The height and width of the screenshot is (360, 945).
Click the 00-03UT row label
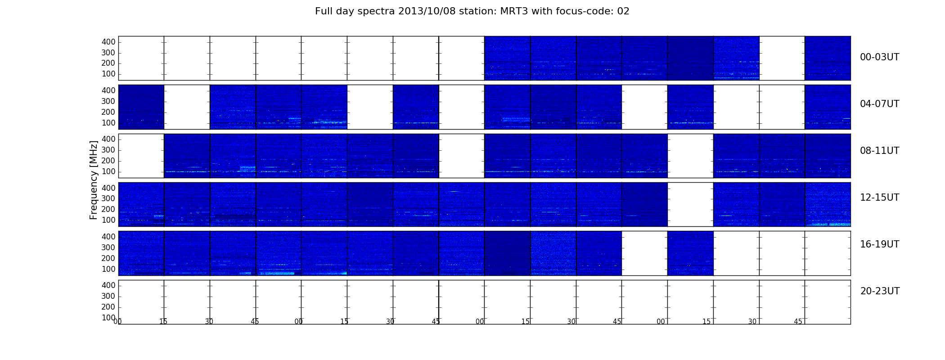tap(879, 57)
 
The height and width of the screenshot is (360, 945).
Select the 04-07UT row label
tap(879, 104)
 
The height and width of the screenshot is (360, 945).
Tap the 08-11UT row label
tap(879, 151)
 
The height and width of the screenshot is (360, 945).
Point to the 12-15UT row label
tap(879, 198)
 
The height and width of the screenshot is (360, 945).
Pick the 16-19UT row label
tap(879, 244)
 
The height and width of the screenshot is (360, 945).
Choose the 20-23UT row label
tap(880, 291)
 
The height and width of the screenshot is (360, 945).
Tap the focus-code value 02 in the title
tap(623, 11)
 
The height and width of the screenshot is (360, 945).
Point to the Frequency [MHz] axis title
tap(94, 180)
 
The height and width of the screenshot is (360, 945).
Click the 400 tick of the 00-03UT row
tap(108, 42)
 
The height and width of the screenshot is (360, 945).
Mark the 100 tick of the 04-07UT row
tap(108, 123)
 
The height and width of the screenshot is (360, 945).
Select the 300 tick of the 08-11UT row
tap(108, 150)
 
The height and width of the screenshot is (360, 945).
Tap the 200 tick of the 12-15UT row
tap(108, 209)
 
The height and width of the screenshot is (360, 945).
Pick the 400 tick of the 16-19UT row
tap(108, 237)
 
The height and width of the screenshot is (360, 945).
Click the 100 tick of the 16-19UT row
tap(108, 269)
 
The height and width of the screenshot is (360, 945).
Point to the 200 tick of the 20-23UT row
tap(108, 307)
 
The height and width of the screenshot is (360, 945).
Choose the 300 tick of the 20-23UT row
tap(108, 296)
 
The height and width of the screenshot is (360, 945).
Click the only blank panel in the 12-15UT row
tap(690, 204)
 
